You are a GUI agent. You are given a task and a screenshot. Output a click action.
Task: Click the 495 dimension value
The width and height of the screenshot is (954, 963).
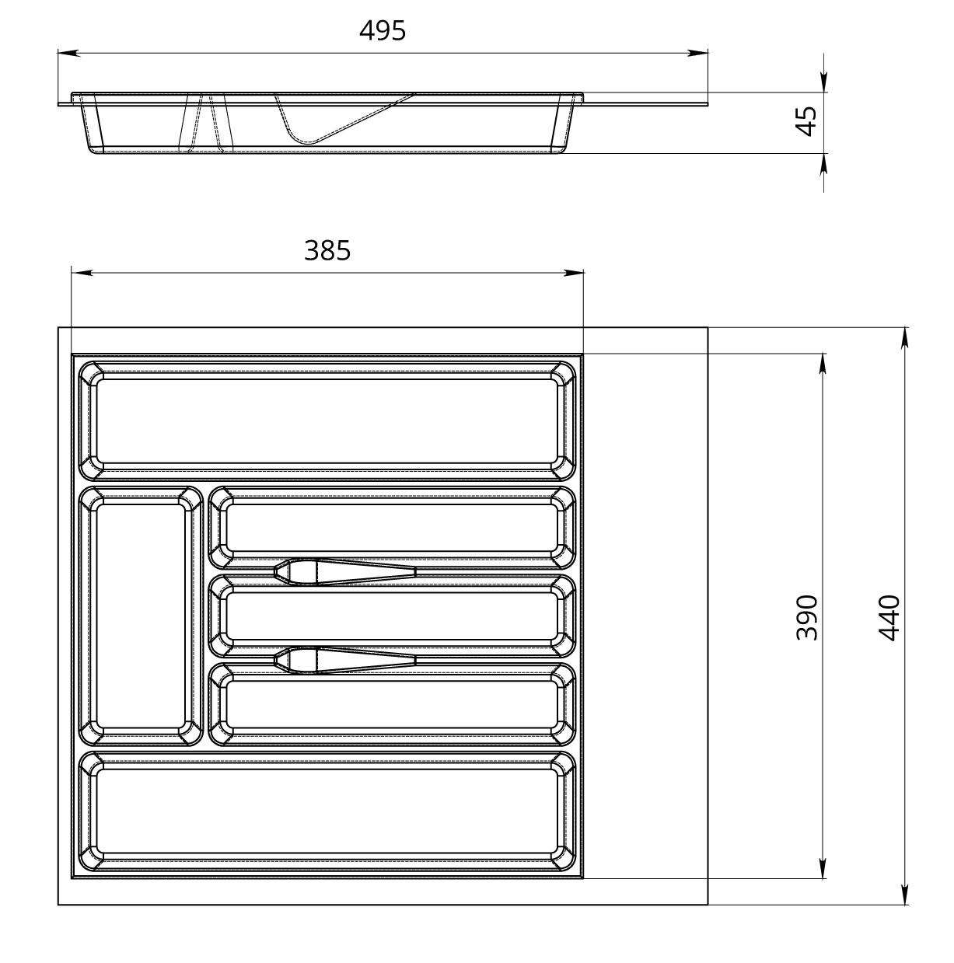[383, 31]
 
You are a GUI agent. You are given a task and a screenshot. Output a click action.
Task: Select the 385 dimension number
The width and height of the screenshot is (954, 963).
[327, 250]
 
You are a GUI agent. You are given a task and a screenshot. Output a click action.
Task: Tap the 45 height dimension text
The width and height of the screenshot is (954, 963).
[805, 121]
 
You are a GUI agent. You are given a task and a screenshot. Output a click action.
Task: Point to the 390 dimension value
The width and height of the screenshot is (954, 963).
[806, 617]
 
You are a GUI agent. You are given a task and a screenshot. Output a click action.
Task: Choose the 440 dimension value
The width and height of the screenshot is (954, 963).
[889, 618]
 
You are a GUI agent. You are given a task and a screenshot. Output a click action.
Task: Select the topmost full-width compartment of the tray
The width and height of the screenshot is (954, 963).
[327, 420]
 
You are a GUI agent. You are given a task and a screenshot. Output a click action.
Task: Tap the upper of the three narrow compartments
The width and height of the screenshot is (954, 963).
[392, 528]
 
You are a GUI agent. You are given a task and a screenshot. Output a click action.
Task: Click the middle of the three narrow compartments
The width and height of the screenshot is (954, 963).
[392, 616]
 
